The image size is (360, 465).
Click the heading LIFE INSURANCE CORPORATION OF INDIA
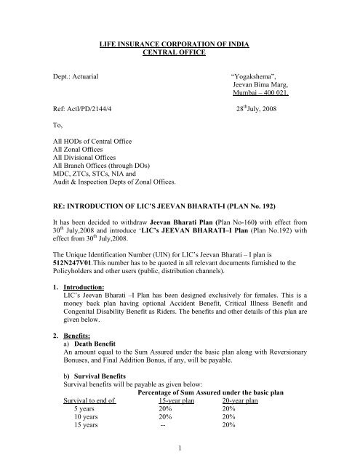179,45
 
